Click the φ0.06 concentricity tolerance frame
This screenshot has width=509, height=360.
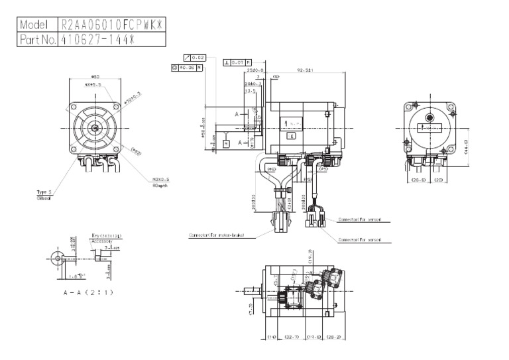[186, 67]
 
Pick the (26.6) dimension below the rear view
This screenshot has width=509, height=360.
[418, 180]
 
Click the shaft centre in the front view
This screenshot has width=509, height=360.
[95, 127]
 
